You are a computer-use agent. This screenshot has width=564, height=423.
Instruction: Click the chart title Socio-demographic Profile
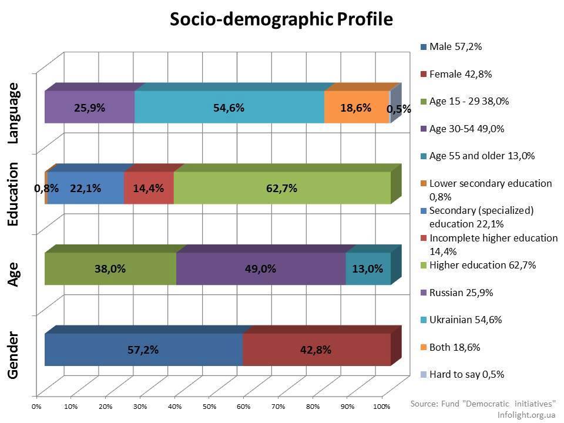281,19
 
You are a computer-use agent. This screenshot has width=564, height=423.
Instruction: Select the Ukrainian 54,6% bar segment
229,108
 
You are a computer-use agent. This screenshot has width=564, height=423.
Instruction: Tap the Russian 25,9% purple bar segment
89,108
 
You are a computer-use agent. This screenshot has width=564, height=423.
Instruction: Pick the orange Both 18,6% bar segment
357,108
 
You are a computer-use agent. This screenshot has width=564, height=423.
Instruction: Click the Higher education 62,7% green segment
282,188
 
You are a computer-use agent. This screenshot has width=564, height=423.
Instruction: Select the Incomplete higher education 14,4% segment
149,188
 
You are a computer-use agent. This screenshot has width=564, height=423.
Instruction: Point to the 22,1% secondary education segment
86,188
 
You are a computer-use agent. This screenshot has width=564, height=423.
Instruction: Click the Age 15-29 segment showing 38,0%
110,268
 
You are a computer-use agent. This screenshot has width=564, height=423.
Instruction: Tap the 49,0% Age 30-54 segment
261,268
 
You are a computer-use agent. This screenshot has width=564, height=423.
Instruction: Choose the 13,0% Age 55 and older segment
368,268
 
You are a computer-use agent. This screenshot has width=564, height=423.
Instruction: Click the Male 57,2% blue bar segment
143,350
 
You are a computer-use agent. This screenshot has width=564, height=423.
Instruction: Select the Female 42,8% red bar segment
316,350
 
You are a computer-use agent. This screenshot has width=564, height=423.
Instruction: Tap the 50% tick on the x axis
209,406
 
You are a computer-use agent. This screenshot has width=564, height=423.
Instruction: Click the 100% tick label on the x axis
381,406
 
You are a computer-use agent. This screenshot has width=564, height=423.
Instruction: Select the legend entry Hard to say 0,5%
466,374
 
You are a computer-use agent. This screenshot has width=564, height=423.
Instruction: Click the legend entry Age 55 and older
482,156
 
